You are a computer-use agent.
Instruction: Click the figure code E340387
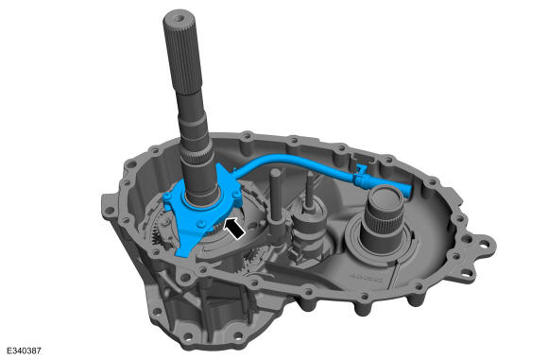pyautogui.click(x=24, y=351)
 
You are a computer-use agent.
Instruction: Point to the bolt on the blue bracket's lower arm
pyautogui.click(x=200, y=224)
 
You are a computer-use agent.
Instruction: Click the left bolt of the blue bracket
pyautogui.click(x=167, y=197)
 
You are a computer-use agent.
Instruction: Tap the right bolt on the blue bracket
pyautogui.click(x=236, y=193)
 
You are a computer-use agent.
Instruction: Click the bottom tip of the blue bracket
pyautogui.click(x=181, y=255)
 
